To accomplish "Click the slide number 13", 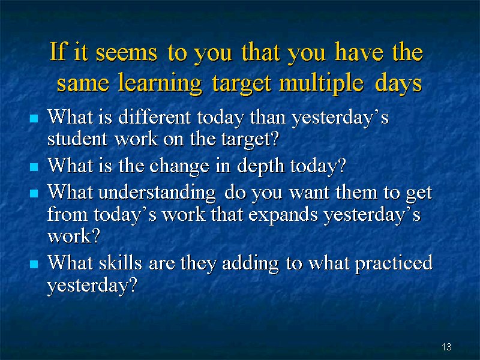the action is tap(446, 347).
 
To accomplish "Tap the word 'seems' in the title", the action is tap(127, 52).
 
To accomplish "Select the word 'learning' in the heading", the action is tap(160, 83).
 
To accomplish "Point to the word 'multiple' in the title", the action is tap(322, 83).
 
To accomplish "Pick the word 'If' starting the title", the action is tap(58, 51).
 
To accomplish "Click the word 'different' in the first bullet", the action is tap(155, 117).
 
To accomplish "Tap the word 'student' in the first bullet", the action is tap(77, 139).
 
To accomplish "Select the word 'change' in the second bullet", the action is tap(179, 167).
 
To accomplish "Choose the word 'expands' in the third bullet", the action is tap(283, 215).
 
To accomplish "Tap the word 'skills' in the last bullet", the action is tap(121, 263).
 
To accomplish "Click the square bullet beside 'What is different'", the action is tap(34, 118).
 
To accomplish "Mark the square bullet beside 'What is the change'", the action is tap(34, 167).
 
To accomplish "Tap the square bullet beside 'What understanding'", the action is tap(34, 193).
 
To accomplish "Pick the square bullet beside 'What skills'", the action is tap(34, 264).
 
